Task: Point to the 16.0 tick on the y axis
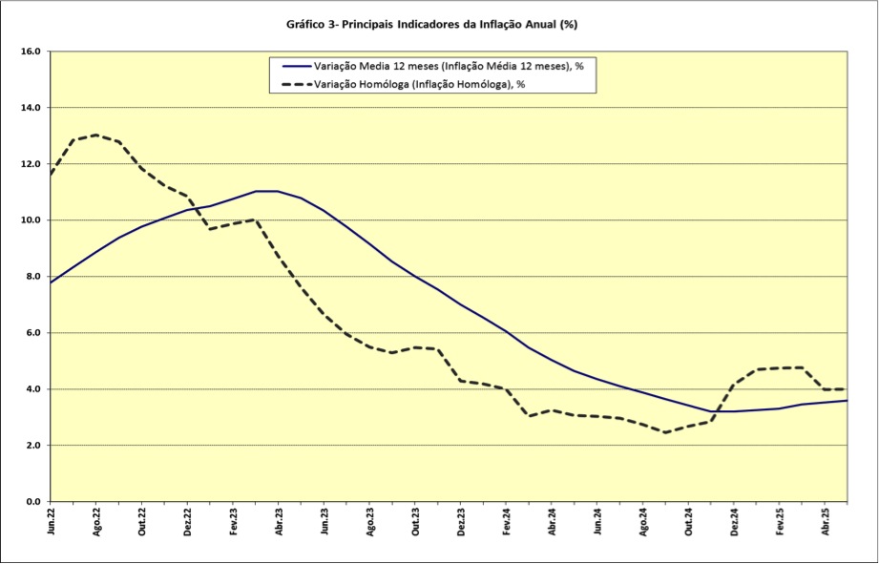tap(31, 52)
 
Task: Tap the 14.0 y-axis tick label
tap(31, 108)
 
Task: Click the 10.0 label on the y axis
tap(31, 220)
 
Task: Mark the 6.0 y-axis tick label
tap(31, 333)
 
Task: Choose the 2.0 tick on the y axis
tap(31, 446)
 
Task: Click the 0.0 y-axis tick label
tap(31, 502)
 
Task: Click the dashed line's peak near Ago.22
tap(96, 135)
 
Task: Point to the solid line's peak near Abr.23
tap(267, 191)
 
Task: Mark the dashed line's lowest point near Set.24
tap(666, 432)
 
